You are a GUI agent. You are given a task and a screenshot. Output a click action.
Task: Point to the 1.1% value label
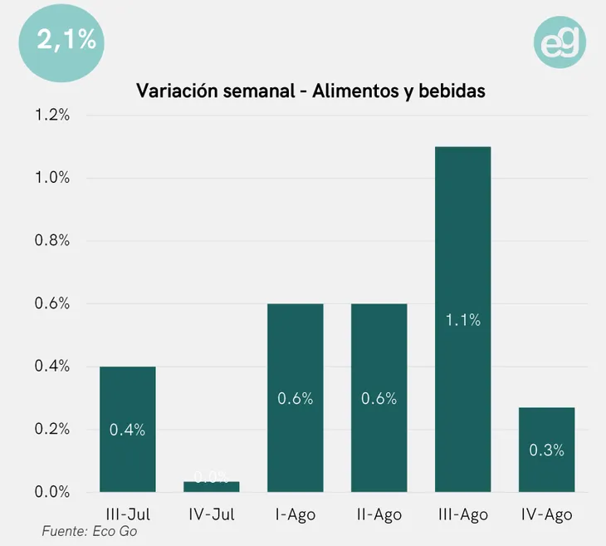coord(462,320)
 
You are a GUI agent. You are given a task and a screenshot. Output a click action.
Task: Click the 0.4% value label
coord(127,430)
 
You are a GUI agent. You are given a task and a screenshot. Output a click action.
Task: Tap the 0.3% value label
coord(546,450)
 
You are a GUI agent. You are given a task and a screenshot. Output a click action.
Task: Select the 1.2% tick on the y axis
coord(52,116)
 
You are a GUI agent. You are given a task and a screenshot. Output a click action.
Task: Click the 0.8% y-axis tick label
coord(52,241)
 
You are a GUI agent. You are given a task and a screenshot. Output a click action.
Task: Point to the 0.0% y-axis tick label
coord(52,492)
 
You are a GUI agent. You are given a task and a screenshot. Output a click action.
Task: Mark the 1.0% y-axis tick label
coord(52,178)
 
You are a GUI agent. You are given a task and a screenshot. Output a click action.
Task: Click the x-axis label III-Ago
coord(462,515)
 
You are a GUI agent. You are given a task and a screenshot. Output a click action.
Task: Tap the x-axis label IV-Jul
coord(211,515)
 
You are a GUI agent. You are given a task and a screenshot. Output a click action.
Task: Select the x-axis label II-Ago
coord(379,515)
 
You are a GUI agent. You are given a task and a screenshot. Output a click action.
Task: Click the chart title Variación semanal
coord(310,91)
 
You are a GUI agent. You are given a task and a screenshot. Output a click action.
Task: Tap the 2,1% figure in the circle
coord(62,39)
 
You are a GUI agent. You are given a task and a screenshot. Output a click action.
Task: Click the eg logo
coord(560,42)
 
